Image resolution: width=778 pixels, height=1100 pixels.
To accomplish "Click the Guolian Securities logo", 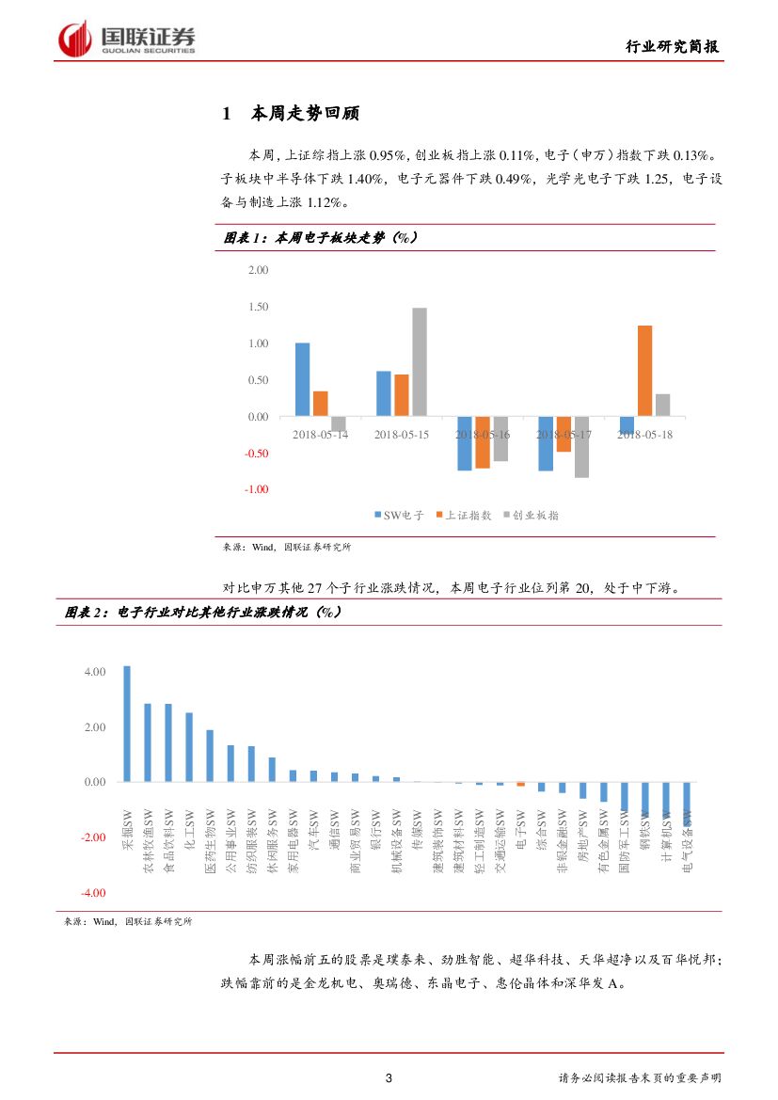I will tap(127, 39).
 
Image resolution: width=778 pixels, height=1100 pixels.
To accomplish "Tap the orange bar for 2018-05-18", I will tap(644, 371).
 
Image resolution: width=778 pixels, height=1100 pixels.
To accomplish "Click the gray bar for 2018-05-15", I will tap(420, 362).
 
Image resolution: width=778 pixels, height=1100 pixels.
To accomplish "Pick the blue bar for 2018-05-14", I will tap(302, 379).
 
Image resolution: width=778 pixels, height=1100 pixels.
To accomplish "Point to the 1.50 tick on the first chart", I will tap(257, 307).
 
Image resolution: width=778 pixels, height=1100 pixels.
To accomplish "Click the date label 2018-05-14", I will tap(320, 435).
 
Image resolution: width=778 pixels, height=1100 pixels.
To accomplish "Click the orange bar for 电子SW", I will tap(520, 784).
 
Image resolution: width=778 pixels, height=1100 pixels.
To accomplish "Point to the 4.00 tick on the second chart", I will tap(95, 672).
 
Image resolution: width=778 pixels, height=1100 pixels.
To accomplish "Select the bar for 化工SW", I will tap(189, 747).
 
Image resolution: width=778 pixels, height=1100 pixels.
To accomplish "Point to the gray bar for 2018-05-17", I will tap(581, 447).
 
